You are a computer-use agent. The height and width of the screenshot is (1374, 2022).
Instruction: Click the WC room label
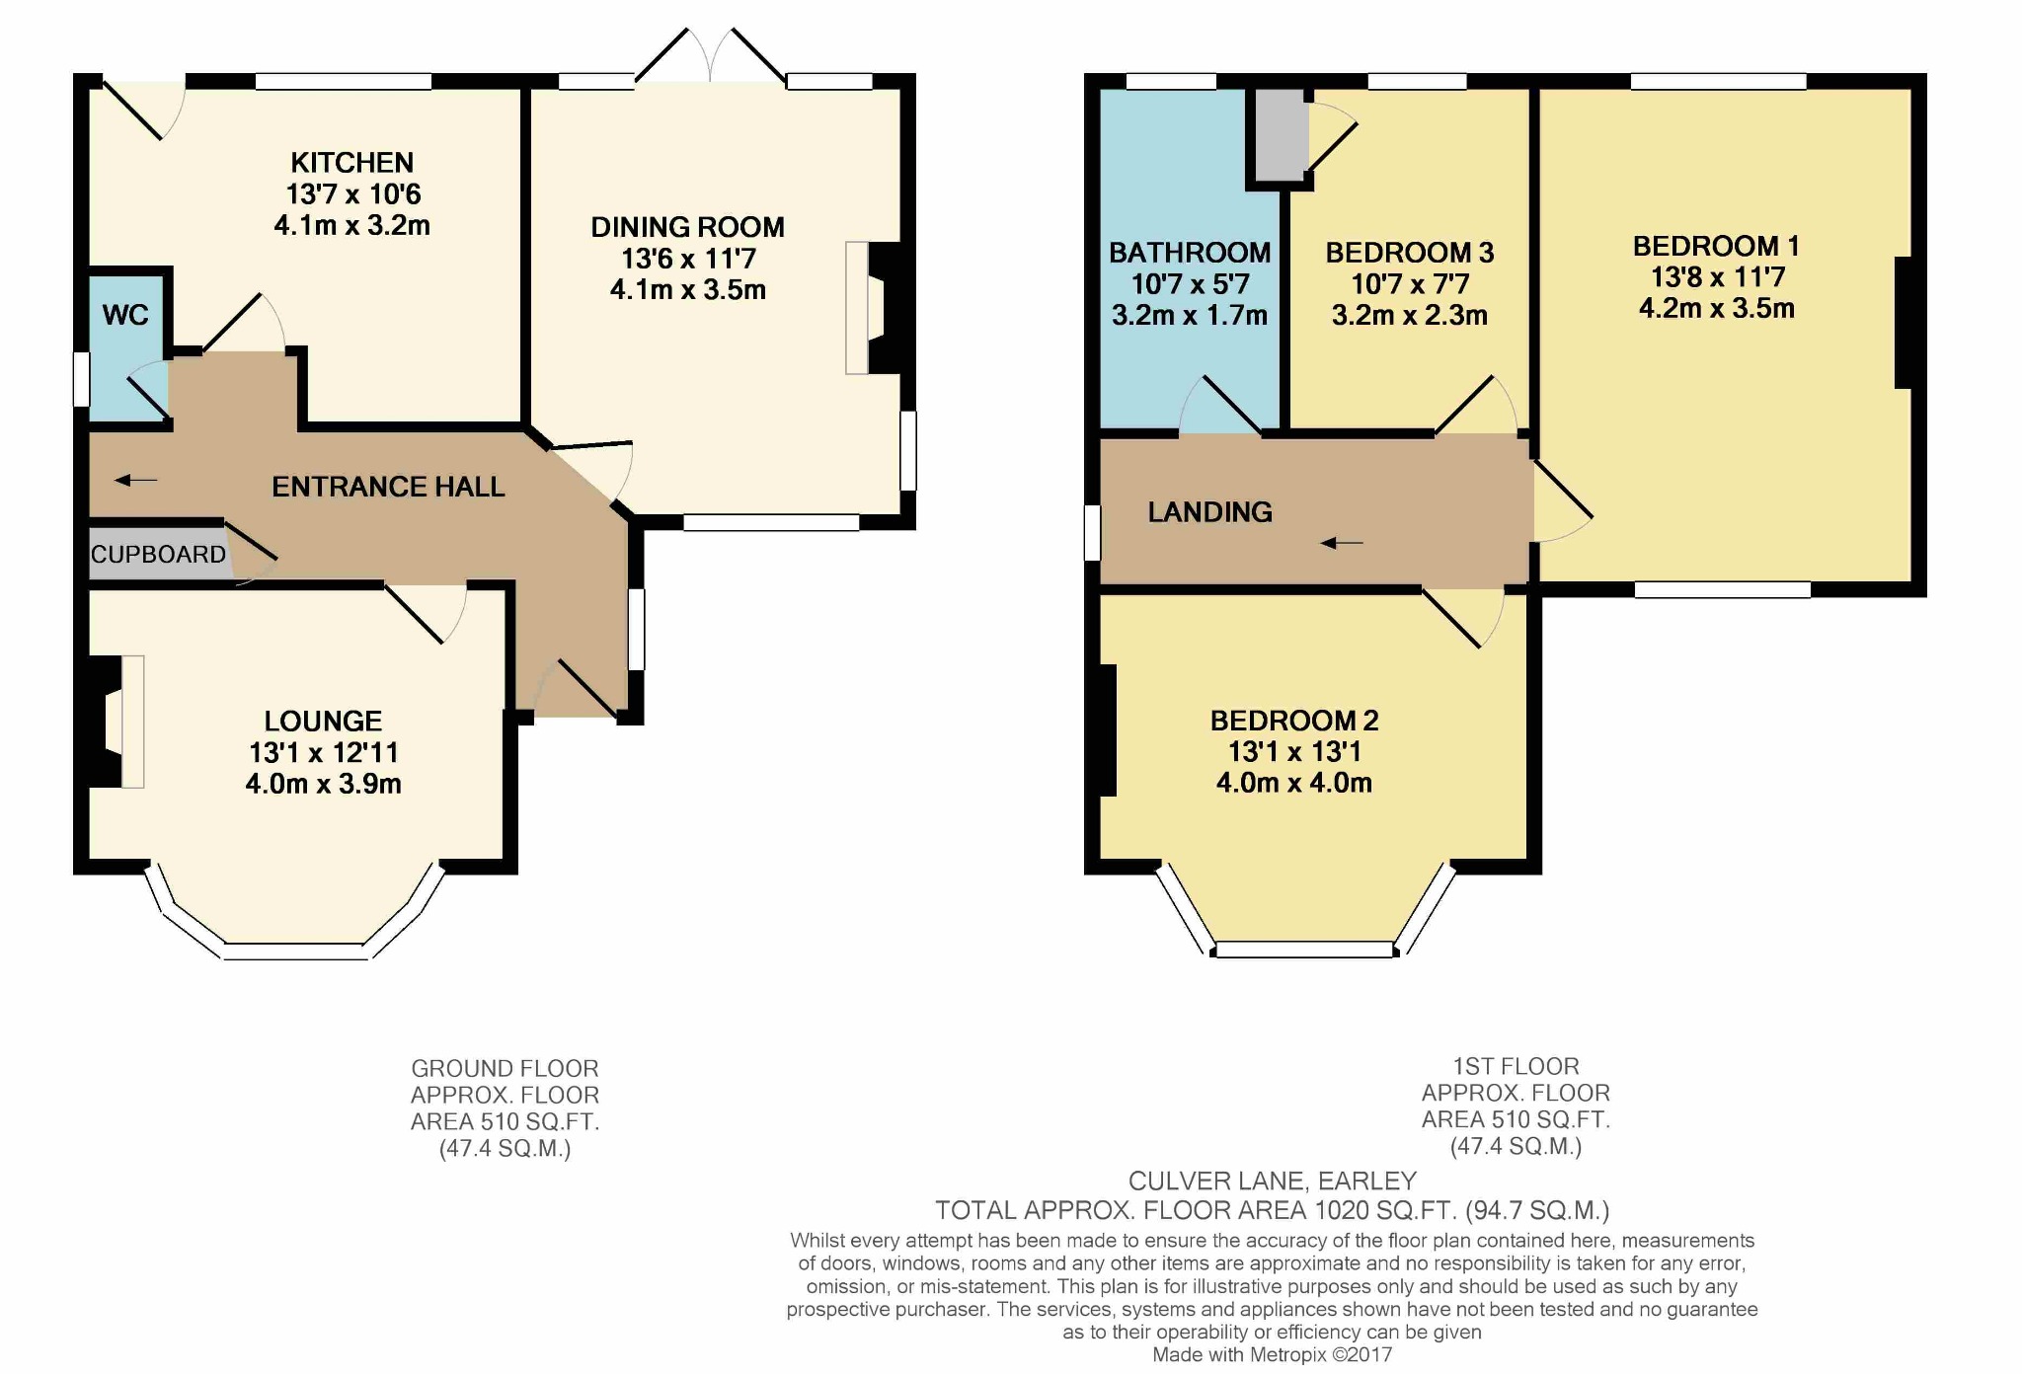click(x=125, y=315)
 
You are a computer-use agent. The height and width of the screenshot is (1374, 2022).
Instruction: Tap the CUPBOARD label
click(x=159, y=555)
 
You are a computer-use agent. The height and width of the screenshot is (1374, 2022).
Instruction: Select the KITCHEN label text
click(x=352, y=162)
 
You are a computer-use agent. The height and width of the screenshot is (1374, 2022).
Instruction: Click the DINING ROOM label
click(x=688, y=227)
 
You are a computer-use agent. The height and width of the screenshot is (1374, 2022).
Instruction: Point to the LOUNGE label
click(x=323, y=721)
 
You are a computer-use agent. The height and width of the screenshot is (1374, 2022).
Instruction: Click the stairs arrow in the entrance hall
click(x=136, y=481)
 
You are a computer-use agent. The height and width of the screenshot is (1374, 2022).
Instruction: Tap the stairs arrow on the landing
click(x=1342, y=543)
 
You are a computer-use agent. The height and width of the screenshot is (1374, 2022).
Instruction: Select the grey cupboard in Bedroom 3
click(x=1281, y=135)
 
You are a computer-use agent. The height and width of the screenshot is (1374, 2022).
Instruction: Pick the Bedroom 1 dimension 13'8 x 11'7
click(x=1718, y=277)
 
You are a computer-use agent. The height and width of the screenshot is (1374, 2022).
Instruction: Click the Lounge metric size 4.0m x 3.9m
click(x=324, y=784)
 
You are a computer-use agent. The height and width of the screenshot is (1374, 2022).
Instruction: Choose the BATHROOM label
click(x=1190, y=253)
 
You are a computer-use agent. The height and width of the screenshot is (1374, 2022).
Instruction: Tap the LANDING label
click(x=1210, y=511)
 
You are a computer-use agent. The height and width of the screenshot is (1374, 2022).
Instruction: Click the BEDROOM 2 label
click(x=1294, y=721)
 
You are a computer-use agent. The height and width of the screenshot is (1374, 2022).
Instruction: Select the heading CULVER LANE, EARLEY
click(x=1273, y=1182)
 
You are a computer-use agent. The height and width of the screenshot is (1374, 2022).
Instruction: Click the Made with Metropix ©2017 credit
click(x=1273, y=1355)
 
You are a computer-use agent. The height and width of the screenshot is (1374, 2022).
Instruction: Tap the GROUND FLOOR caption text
click(x=505, y=1069)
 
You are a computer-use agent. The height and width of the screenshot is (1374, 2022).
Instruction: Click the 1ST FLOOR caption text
click(x=1516, y=1067)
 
